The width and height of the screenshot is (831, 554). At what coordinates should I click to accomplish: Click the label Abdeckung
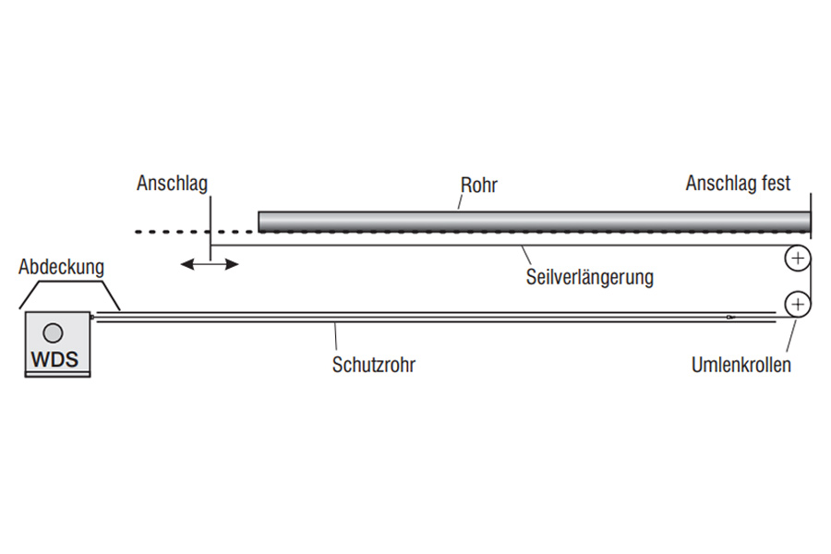[61, 268]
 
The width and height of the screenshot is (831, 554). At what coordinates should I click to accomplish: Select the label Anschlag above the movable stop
[172, 183]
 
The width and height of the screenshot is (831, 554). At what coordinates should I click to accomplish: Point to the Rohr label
[478, 186]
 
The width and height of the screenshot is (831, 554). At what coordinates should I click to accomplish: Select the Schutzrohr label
[374, 365]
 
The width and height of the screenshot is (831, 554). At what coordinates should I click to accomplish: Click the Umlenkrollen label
[741, 365]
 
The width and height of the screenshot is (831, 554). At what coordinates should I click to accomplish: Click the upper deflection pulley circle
[797, 259]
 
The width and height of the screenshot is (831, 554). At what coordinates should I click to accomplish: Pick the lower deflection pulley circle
[797, 303]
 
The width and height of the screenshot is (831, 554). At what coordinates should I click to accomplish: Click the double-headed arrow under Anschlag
[210, 265]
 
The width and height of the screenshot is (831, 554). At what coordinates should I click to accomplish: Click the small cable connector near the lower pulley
[729, 318]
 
